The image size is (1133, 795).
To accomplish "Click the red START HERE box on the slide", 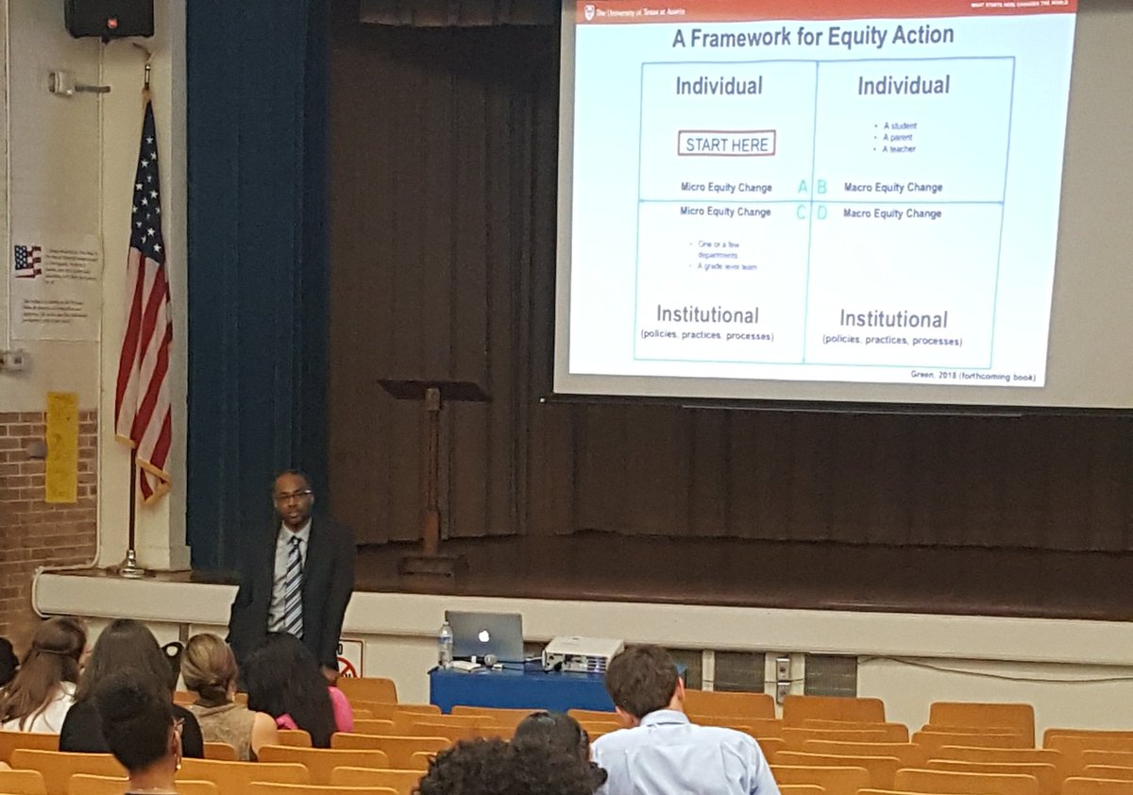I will click(x=726, y=144).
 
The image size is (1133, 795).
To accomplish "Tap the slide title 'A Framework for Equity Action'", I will click(x=812, y=37).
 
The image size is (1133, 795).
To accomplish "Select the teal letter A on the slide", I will click(x=803, y=187).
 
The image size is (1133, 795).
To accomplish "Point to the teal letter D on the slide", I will click(x=821, y=213).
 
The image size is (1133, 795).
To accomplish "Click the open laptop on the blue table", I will click(x=484, y=635).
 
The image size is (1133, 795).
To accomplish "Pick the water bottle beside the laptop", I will click(x=445, y=645).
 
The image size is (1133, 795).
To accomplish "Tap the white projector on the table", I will click(x=582, y=651).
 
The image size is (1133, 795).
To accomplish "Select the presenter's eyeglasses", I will click(x=293, y=495).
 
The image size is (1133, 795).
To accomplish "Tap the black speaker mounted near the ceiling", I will click(x=109, y=18).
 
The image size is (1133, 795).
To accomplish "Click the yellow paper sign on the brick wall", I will click(x=61, y=447).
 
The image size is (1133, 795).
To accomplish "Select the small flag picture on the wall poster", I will click(x=27, y=260).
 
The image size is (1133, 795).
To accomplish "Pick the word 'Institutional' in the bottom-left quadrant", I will click(x=707, y=314).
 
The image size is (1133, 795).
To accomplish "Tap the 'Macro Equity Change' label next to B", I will click(x=892, y=187).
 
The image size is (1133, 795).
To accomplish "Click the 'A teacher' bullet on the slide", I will click(x=899, y=149).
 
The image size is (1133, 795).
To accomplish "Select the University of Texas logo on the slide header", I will click(x=590, y=11).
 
